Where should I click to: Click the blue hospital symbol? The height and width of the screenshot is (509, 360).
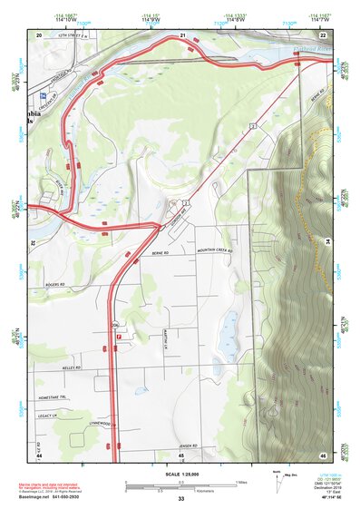[x=42, y=93]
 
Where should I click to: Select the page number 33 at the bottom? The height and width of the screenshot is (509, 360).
[x=180, y=499]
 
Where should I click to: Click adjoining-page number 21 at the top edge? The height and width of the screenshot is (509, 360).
[x=182, y=34]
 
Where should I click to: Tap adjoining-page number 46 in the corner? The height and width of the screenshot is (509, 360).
[x=323, y=453]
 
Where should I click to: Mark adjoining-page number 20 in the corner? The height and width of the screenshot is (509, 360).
[x=39, y=34]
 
